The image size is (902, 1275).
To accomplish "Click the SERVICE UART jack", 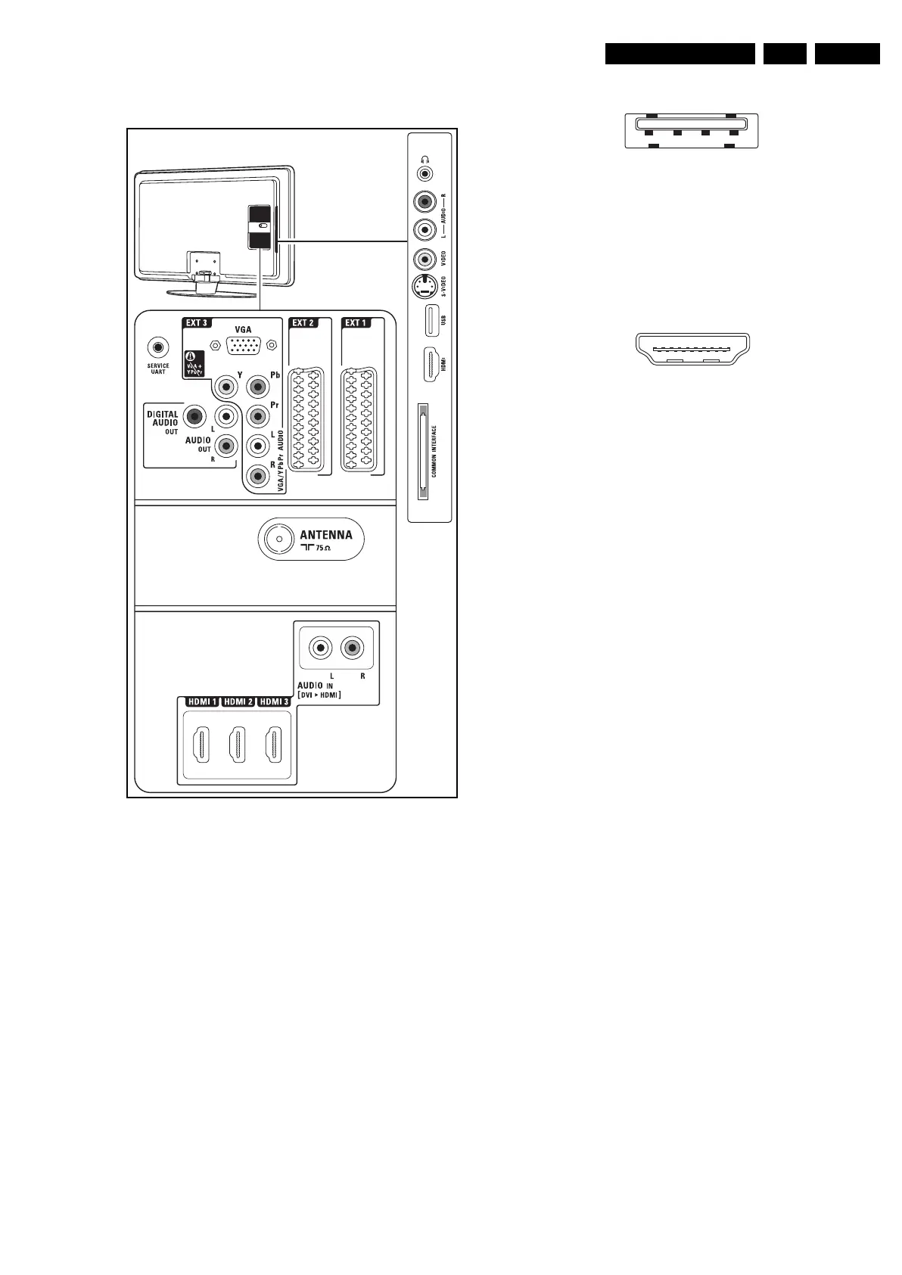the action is tap(157, 347).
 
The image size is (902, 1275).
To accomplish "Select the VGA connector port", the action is tap(244, 345).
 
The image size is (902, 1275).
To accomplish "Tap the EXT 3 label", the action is tap(197, 323).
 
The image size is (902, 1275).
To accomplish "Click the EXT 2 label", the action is tap(303, 323).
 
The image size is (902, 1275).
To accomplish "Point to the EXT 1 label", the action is tap(356, 323).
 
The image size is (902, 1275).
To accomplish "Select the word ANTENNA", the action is tap(326, 534).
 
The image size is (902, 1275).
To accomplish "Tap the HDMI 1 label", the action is tap(202, 702).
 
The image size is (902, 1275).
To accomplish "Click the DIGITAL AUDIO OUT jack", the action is tap(196, 415).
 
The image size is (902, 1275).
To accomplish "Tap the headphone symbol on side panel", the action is tap(425, 160).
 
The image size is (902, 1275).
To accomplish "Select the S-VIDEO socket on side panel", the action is tap(425, 287).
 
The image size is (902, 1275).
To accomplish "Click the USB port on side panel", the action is tap(429, 319).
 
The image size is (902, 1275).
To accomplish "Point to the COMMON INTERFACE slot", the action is tap(422, 452).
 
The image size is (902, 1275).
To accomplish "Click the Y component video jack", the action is tap(225, 387).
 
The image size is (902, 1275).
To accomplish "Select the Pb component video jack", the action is tap(257, 387).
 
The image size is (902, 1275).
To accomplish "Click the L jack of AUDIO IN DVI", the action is tap(322, 648).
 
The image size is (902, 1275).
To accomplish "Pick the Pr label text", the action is tap(275, 406).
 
